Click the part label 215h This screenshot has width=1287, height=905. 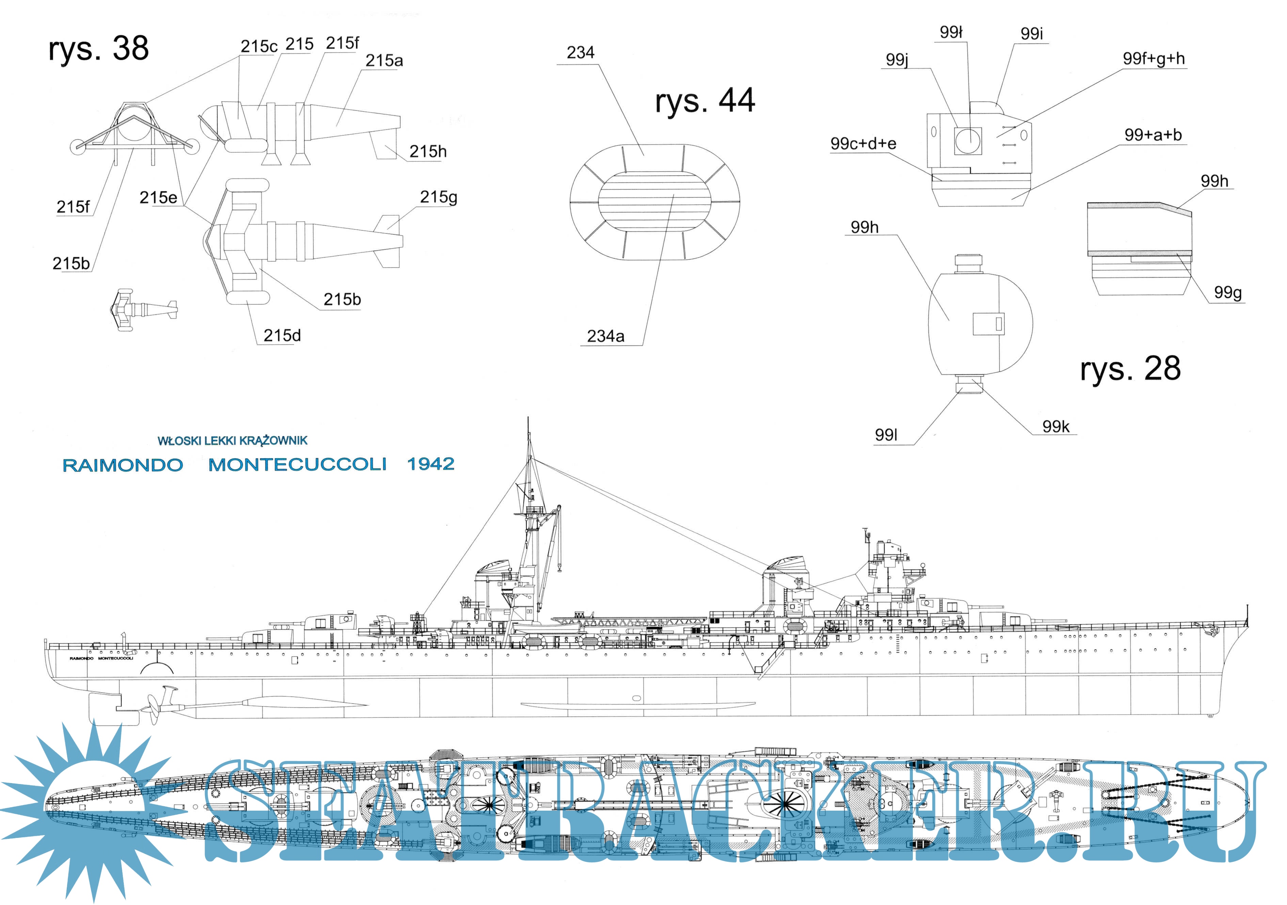tap(428, 151)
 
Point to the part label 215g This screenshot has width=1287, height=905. tap(438, 197)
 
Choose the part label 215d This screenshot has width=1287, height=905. tap(282, 335)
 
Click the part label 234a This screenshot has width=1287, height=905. tap(605, 336)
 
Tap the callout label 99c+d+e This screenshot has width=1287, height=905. tap(863, 143)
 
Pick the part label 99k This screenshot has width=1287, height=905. tap(1055, 427)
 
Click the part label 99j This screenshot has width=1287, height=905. tap(897, 59)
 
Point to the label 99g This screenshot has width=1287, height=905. tap(1227, 292)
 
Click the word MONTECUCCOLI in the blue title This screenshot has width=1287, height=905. tap(297, 465)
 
